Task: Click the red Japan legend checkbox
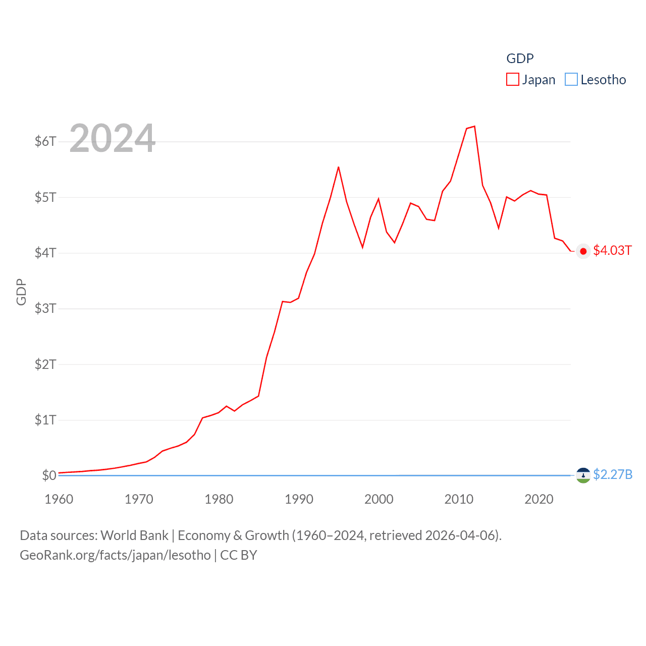[512, 80]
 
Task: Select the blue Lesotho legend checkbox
[571, 80]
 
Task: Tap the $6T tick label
[45, 141]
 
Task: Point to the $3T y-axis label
[45, 308]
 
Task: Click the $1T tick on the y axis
[45, 420]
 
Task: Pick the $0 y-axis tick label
[49, 475]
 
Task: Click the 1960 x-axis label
[59, 499]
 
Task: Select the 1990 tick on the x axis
[299, 499]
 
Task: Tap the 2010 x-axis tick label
[459, 499]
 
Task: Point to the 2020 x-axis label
[539, 499]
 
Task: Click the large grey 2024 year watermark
[112, 138]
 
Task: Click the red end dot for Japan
[583, 251]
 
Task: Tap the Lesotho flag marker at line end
[583, 475]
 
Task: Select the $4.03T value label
[612, 251]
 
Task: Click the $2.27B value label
[613, 474]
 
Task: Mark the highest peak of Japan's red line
[474, 126]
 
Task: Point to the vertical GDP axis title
[21, 292]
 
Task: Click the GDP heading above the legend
[520, 59]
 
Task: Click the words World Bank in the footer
[134, 535]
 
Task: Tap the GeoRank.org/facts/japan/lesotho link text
[115, 555]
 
